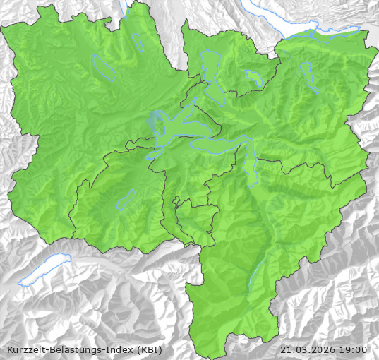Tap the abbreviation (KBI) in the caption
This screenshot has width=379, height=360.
tap(150, 349)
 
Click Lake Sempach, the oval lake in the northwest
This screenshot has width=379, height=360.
tap(104, 66)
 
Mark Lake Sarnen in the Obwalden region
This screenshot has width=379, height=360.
tap(125, 200)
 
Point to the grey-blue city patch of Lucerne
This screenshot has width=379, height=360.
tap(155, 121)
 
